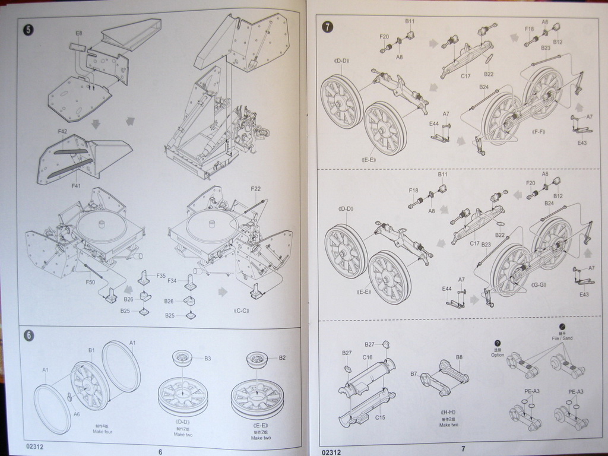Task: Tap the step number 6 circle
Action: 28,335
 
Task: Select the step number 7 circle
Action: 327,27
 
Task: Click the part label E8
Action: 79,33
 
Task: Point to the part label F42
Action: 63,132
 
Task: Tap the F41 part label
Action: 76,186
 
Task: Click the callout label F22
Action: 255,189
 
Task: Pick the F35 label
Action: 161,275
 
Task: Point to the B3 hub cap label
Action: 208,358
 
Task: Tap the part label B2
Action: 282,357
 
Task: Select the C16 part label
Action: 367,357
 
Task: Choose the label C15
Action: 380,417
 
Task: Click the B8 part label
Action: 459,357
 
